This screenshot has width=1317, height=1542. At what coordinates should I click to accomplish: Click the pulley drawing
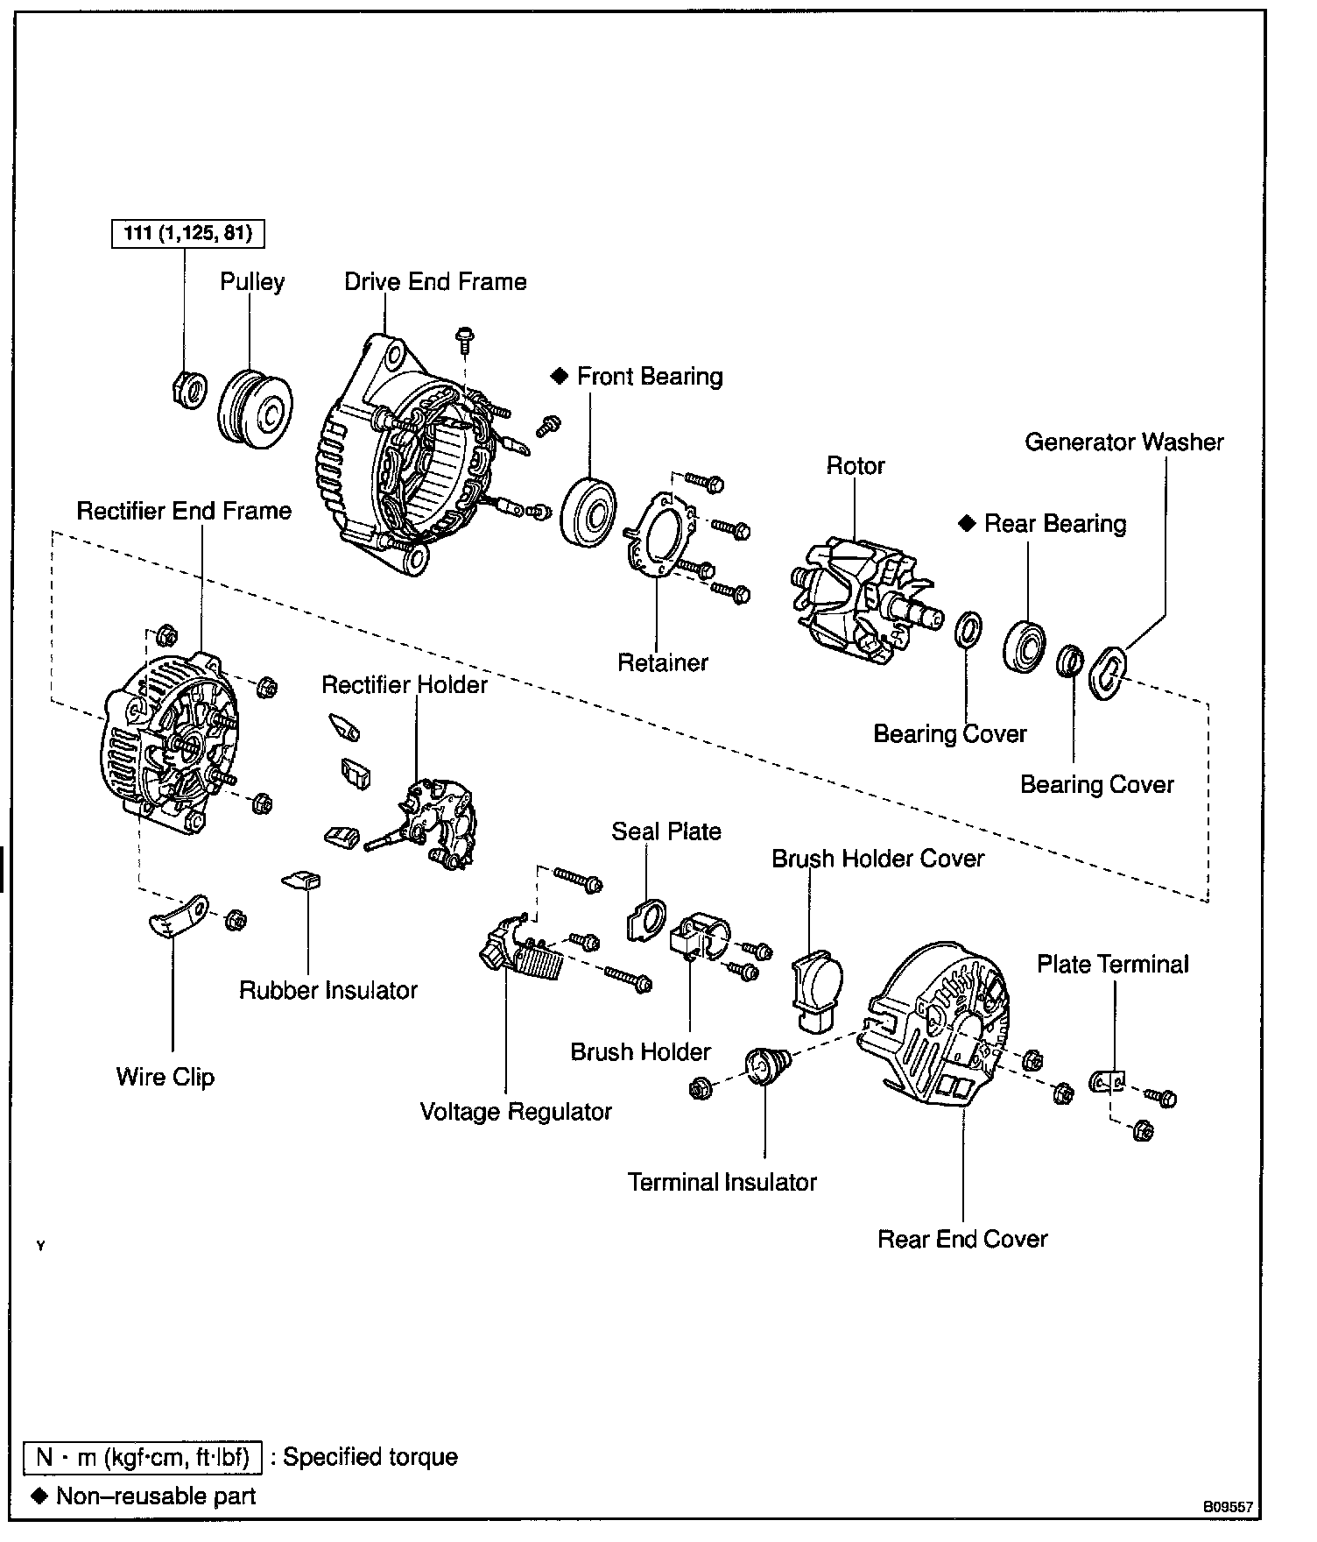(x=255, y=409)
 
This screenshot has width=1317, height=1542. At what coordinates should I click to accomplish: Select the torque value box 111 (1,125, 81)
(x=187, y=234)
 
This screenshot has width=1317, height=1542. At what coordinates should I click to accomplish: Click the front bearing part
(x=588, y=513)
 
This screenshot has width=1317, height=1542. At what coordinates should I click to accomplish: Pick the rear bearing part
(x=1025, y=646)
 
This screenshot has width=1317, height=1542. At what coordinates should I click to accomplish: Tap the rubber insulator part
(x=303, y=880)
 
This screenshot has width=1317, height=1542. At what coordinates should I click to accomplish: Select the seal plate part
(x=647, y=920)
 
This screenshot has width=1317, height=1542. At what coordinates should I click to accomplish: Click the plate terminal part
(x=1107, y=1083)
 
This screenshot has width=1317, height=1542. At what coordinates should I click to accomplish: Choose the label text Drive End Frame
(x=435, y=282)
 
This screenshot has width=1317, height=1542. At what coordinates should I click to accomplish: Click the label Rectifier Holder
(x=404, y=685)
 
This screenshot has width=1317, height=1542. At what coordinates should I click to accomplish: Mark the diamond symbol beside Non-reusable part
(x=39, y=1495)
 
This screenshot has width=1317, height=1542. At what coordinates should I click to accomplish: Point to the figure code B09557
(x=1228, y=1508)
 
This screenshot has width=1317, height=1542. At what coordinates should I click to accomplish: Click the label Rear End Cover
(x=962, y=1240)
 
